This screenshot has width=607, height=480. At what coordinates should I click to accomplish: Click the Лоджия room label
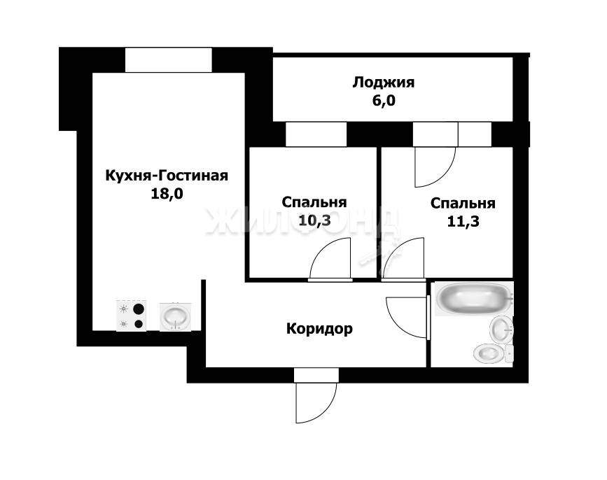(x=383, y=83)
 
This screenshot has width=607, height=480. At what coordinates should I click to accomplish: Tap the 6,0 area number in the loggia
(x=384, y=101)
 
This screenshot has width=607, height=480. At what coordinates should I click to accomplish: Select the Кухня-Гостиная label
(x=167, y=176)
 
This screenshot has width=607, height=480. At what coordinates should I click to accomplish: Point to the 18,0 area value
(x=167, y=193)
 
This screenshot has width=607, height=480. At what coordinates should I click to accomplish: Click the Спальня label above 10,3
(x=314, y=202)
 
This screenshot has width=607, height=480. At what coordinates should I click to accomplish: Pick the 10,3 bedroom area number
(x=314, y=220)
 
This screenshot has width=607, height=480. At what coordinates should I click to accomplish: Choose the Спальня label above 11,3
(x=463, y=204)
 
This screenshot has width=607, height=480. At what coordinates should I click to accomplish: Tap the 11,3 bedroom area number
(x=463, y=222)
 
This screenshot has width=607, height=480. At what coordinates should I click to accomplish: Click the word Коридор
(x=319, y=329)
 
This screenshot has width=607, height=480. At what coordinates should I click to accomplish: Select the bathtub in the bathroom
(x=474, y=298)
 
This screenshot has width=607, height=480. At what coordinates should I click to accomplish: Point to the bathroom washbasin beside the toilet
(x=502, y=329)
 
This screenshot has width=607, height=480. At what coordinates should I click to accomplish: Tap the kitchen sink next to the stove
(x=175, y=317)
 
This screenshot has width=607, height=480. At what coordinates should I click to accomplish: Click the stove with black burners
(x=131, y=316)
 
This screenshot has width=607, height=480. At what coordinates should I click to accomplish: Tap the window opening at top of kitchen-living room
(x=169, y=59)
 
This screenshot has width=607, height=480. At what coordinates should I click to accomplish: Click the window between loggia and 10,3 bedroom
(x=316, y=134)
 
